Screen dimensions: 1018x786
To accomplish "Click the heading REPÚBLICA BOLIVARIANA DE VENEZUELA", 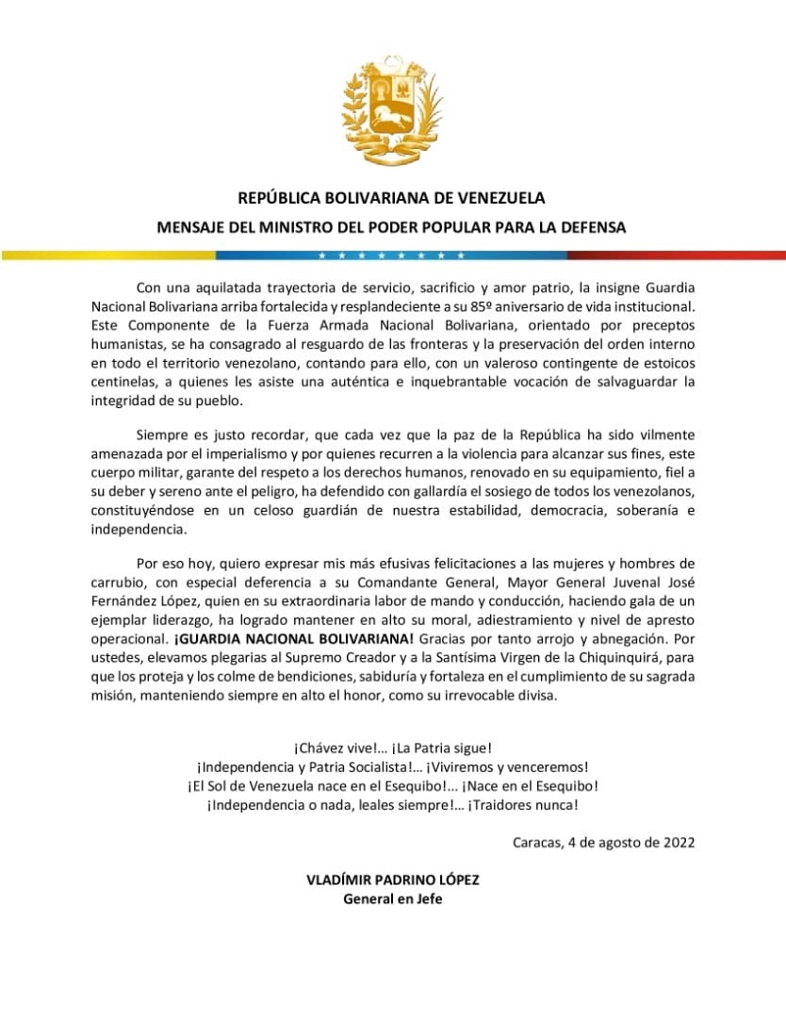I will (391, 199).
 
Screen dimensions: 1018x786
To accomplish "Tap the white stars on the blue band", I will (391, 255).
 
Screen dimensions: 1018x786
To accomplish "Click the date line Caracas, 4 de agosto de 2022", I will (604, 843).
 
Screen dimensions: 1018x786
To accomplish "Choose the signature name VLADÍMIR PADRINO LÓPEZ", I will (392, 879).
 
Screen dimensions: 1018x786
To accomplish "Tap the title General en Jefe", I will (392, 898).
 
